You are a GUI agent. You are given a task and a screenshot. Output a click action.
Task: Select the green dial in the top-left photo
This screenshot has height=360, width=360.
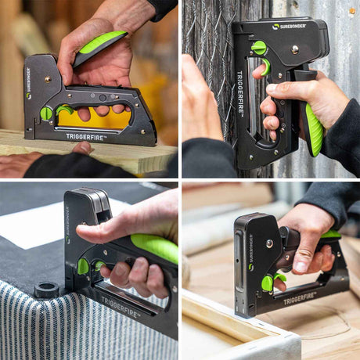click(x=46, y=113)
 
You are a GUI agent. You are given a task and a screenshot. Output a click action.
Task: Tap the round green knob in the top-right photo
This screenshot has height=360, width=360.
click(x=258, y=48)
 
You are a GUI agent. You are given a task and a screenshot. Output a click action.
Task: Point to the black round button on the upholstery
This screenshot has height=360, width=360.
click(x=46, y=290)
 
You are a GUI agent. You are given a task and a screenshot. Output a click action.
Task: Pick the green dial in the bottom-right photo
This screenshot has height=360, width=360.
click(x=268, y=283)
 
